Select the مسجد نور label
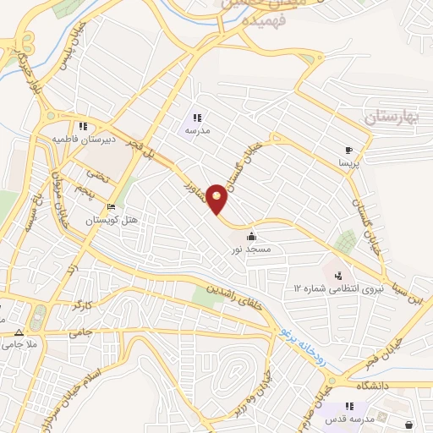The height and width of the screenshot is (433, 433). click(x=252, y=250)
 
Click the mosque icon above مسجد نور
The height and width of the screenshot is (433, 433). click(x=251, y=236)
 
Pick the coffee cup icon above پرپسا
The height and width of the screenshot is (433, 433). click(x=348, y=146)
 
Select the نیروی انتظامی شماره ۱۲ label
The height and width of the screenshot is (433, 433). click(x=338, y=288)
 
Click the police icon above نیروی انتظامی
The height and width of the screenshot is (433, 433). click(x=339, y=275)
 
